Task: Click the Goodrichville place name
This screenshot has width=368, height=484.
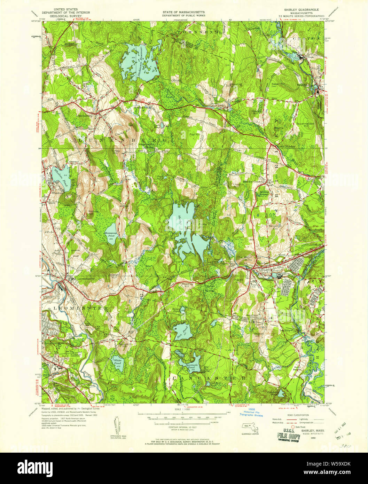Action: coord(142,108)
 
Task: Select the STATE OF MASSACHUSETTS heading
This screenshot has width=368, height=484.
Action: coord(183,11)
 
